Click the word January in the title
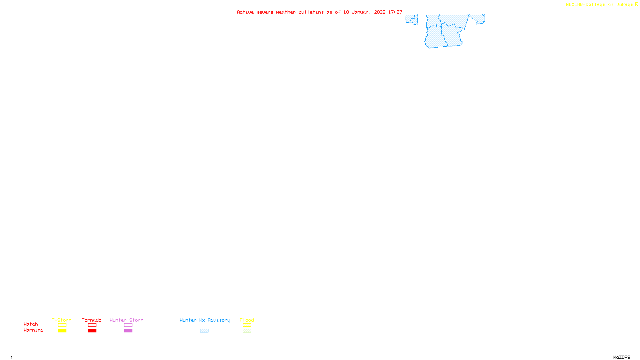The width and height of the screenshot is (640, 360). click(x=361, y=12)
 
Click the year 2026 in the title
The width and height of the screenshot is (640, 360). click(x=380, y=12)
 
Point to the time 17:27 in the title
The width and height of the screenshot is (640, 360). click(x=395, y=12)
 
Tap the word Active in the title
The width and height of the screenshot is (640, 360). click(x=245, y=12)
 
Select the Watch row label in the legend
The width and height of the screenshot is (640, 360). click(x=31, y=324)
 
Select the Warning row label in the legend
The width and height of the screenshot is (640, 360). click(x=33, y=330)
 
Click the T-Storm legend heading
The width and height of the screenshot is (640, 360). click(x=62, y=320)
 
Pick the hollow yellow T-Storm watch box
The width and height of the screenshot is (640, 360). click(x=62, y=325)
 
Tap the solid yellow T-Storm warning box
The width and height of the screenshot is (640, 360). click(x=62, y=331)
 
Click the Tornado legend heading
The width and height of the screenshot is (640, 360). click(x=92, y=320)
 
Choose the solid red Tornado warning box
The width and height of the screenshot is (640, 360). click(x=92, y=331)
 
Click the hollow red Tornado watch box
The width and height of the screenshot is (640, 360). click(x=92, y=325)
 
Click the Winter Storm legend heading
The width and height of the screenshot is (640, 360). click(x=126, y=320)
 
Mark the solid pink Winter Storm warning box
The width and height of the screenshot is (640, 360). click(x=128, y=331)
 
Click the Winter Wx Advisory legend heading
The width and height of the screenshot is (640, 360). click(x=205, y=320)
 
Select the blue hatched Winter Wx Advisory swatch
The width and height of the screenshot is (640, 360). click(x=204, y=331)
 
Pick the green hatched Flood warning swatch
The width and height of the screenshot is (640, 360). click(x=247, y=331)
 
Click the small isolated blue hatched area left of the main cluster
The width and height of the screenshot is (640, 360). click(x=411, y=19)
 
